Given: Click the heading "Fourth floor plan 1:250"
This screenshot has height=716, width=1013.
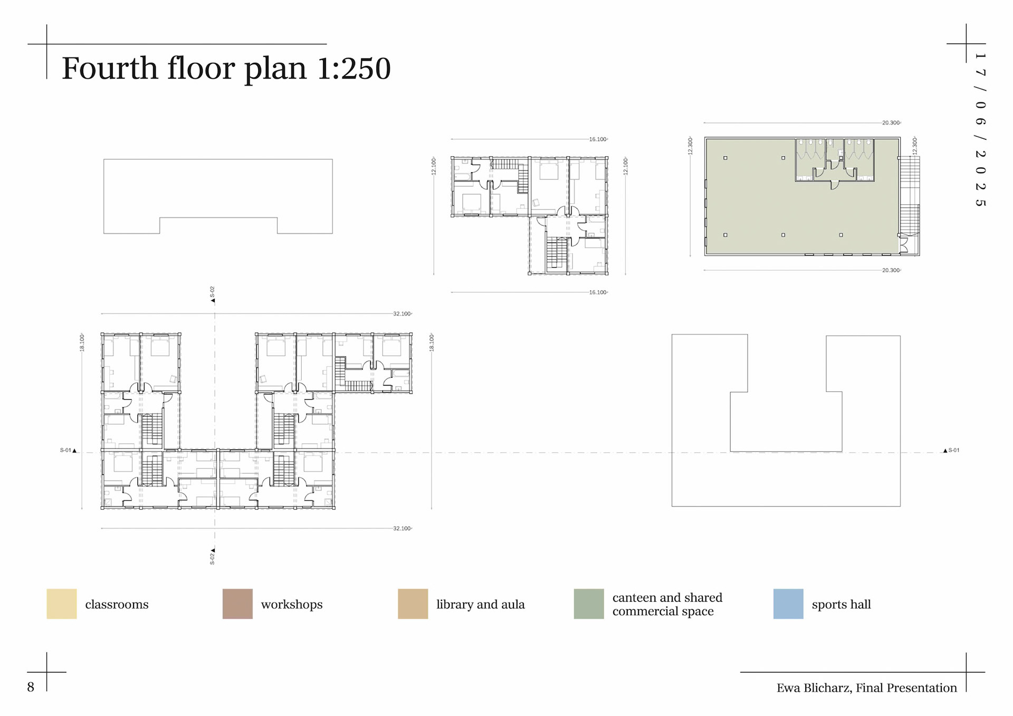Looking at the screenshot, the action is pyautogui.click(x=226, y=69).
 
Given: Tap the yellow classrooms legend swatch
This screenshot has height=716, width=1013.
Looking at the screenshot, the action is pyautogui.click(x=62, y=604).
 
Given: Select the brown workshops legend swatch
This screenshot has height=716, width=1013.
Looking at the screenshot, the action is pyautogui.click(x=237, y=604).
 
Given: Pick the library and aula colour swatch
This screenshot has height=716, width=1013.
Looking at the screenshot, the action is pyautogui.click(x=413, y=604).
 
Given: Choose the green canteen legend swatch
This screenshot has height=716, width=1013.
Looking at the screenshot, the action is pyautogui.click(x=589, y=604).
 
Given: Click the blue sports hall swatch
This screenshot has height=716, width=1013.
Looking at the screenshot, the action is pyautogui.click(x=788, y=604).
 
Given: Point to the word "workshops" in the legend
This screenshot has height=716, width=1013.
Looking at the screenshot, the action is pyautogui.click(x=292, y=605).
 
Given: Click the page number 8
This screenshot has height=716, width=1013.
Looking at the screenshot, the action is pyautogui.click(x=31, y=687).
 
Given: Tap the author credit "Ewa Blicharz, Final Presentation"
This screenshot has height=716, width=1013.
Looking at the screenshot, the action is pyautogui.click(x=866, y=688).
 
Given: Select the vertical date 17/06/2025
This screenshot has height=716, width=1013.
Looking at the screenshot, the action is pyautogui.click(x=980, y=129).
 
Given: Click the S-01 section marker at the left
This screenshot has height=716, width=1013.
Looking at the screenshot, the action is pyautogui.click(x=68, y=451).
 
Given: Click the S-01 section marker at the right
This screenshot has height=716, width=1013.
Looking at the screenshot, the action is pyautogui.click(x=951, y=451).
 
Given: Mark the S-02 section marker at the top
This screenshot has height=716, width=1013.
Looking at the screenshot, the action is pyautogui.click(x=213, y=294).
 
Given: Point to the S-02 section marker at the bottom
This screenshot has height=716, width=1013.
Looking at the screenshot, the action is pyautogui.click(x=213, y=556).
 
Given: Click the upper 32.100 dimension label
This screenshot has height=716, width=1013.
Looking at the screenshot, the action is pyautogui.click(x=402, y=314).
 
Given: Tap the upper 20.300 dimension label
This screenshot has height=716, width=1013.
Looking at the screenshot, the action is pyautogui.click(x=891, y=123).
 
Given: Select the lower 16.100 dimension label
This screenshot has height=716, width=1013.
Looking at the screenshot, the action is pyautogui.click(x=598, y=292).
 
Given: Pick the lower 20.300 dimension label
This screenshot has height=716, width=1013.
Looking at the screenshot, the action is pyautogui.click(x=891, y=270).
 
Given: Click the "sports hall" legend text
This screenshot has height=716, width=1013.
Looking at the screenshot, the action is pyautogui.click(x=841, y=605).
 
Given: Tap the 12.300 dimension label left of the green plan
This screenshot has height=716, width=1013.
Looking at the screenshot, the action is pyautogui.click(x=690, y=146).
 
